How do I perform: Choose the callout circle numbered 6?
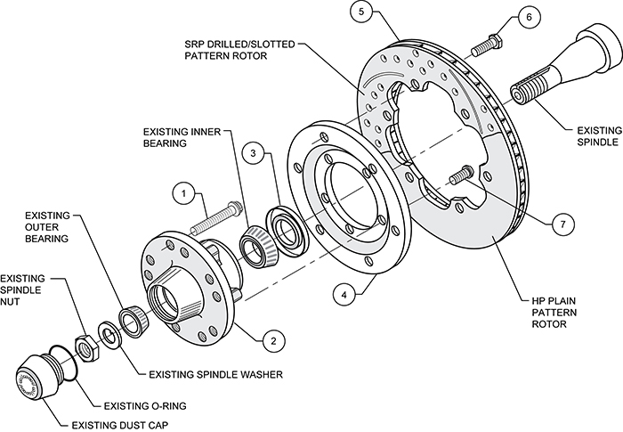click(x=529, y=17)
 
